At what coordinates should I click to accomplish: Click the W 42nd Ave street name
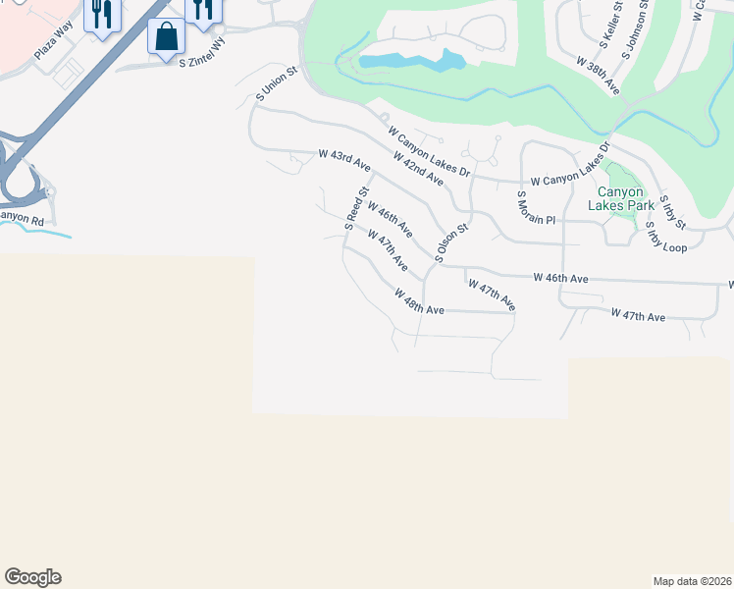coord(417,169)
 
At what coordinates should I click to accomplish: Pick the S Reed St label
coord(355,208)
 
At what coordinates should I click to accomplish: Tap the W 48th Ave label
coord(420,301)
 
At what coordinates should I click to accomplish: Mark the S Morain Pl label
coord(536,208)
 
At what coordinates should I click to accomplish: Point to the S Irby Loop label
coord(666,239)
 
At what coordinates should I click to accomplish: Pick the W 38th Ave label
coord(599,78)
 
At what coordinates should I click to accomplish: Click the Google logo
coord(32,577)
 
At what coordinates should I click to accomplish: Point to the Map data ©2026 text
coord(691,581)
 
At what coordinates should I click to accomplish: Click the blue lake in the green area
coord(412,63)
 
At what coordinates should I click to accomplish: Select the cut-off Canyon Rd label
coord(22,219)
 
